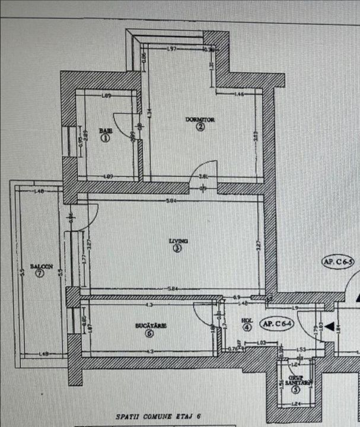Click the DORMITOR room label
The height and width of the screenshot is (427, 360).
click(x=200, y=120)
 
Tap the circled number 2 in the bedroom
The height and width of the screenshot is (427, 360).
click(x=200, y=127)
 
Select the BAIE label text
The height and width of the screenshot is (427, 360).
click(x=106, y=130)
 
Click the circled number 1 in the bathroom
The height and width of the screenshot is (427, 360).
click(x=106, y=138)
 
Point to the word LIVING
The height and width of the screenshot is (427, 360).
click(x=178, y=241)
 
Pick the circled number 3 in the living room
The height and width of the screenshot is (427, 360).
click(x=177, y=249)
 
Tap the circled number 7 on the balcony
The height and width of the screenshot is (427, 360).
click(x=39, y=274)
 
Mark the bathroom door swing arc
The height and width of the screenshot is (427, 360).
click(x=119, y=123)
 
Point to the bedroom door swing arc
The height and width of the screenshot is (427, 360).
click(x=207, y=169)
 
